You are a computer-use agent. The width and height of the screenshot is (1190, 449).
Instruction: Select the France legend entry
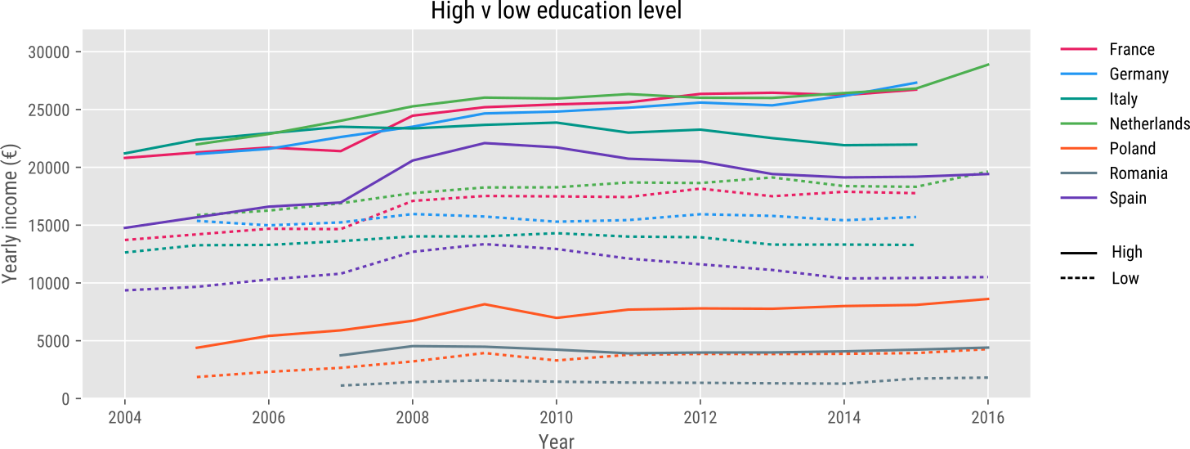(x=1132, y=49)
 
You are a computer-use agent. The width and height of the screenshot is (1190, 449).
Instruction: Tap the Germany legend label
(x=1139, y=74)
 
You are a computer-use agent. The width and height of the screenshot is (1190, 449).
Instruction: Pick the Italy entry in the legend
(x=1123, y=99)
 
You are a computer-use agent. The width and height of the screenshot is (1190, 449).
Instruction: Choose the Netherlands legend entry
(x=1149, y=123)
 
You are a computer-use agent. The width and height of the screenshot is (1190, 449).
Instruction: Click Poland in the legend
(x=1132, y=148)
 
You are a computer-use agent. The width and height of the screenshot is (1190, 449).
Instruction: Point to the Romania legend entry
(x=1138, y=173)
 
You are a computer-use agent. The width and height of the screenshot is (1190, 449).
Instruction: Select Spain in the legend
(x=1128, y=198)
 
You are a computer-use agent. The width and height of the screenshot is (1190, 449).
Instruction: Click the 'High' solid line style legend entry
(x=1126, y=252)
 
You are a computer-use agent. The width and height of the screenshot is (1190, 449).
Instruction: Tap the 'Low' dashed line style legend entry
(x=1125, y=278)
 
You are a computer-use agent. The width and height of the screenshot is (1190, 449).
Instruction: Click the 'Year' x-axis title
(x=556, y=442)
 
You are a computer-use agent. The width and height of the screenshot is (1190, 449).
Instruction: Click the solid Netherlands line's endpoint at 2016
(x=988, y=64)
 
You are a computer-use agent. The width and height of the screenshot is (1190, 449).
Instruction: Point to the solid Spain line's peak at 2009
(x=484, y=143)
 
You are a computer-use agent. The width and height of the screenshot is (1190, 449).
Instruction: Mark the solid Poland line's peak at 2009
(x=484, y=304)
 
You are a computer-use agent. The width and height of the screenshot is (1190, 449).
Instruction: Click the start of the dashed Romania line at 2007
(x=340, y=385)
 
